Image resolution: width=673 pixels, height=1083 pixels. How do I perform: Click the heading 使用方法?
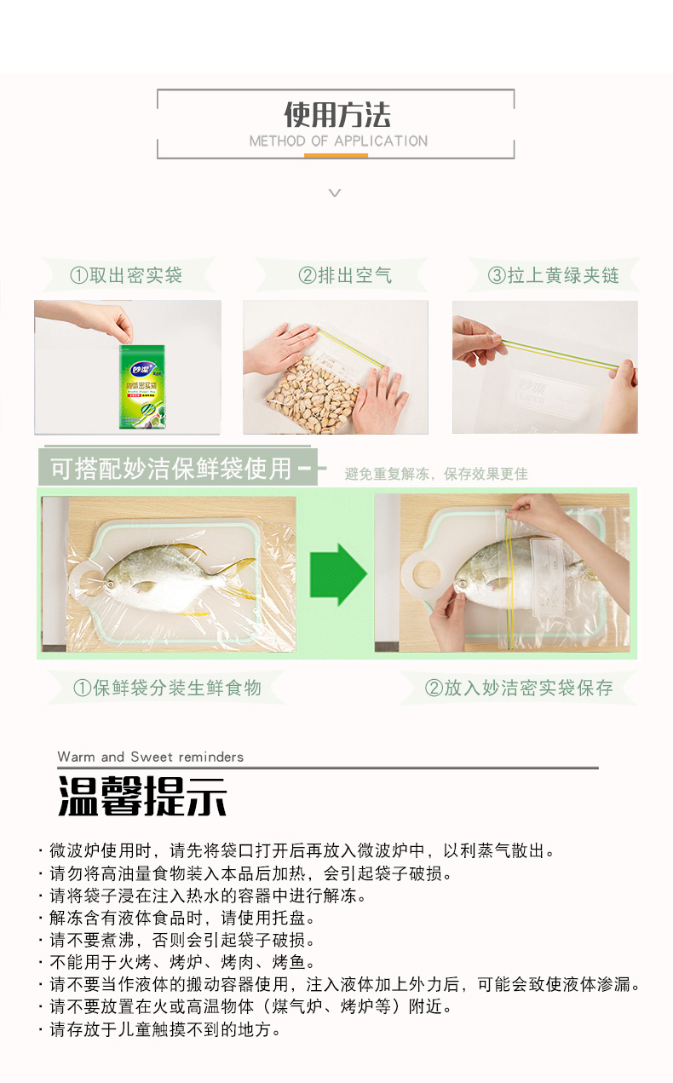pyautogui.click(x=337, y=115)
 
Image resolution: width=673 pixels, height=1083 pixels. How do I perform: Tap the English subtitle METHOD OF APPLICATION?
pyautogui.click(x=338, y=141)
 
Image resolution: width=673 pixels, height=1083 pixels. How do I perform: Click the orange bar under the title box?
pyautogui.click(x=336, y=155)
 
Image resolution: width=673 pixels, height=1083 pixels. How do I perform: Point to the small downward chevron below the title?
pyautogui.click(x=335, y=193)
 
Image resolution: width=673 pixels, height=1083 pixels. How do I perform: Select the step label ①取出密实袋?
pyautogui.click(x=126, y=275)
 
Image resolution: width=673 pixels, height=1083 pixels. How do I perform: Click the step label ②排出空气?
pyautogui.click(x=345, y=275)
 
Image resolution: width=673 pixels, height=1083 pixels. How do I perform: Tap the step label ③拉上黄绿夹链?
pyautogui.click(x=554, y=275)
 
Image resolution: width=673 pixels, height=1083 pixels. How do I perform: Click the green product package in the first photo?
pyautogui.click(x=142, y=387)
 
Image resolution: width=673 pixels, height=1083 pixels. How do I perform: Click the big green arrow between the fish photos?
pyautogui.click(x=338, y=574)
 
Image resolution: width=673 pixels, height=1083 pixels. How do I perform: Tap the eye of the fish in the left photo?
pyautogui.click(x=111, y=585)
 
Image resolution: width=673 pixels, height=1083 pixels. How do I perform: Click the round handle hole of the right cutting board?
pyautogui.click(x=426, y=574)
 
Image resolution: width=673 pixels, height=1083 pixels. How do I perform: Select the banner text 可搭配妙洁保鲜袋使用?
pyautogui.click(x=171, y=469)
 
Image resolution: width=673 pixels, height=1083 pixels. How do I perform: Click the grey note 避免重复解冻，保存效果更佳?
pyautogui.click(x=436, y=474)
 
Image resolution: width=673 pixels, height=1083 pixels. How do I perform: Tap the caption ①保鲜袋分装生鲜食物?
pyautogui.click(x=167, y=688)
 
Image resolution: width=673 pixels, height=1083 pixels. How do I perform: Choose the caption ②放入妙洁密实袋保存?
pyautogui.click(x=519, y=688)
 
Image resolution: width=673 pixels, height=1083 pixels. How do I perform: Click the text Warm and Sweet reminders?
pyautogui.click(x=151, y=757)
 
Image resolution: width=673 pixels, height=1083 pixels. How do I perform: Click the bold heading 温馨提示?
pyautogui.click(x=142, y=797)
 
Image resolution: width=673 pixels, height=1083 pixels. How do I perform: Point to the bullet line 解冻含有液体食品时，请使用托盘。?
pyautogui.click(x=182, y=917)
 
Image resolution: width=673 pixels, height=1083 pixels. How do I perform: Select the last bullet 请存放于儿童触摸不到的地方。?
pyautogui.click(x=165, y=1029)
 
